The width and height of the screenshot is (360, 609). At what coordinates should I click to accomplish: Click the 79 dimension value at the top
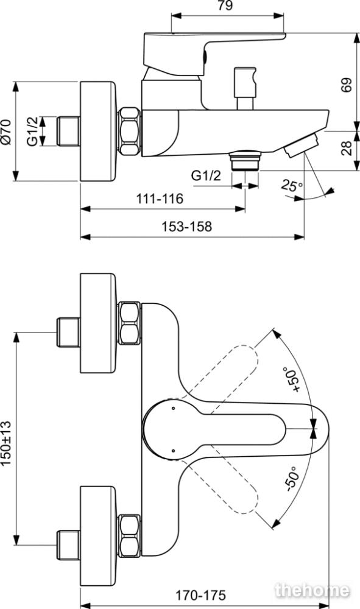point(225,6)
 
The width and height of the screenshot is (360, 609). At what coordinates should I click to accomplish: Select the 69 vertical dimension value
point(346,85)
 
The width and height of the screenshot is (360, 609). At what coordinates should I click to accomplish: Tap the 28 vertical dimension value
point(346,149)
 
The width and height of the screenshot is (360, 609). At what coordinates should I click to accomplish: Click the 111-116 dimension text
point(159,199)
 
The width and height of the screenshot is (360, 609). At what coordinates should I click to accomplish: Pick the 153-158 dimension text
point(187,227)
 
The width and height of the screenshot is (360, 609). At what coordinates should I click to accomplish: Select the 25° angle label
point(292,185)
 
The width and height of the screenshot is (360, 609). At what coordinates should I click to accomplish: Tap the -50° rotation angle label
point(292,479)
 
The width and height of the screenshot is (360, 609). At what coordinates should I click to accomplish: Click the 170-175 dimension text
point(200,594)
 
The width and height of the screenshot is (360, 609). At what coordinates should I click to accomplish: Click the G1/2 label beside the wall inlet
point(33,132)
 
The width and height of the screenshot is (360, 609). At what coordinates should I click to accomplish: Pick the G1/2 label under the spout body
point(206,175)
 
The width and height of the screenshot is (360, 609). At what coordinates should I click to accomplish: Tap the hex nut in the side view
point(129,132)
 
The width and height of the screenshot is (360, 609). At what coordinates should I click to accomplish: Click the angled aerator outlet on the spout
point(302,145)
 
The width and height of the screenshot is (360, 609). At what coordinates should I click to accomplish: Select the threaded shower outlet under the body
point(244,161)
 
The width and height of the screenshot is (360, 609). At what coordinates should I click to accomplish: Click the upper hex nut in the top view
point(129,323)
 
